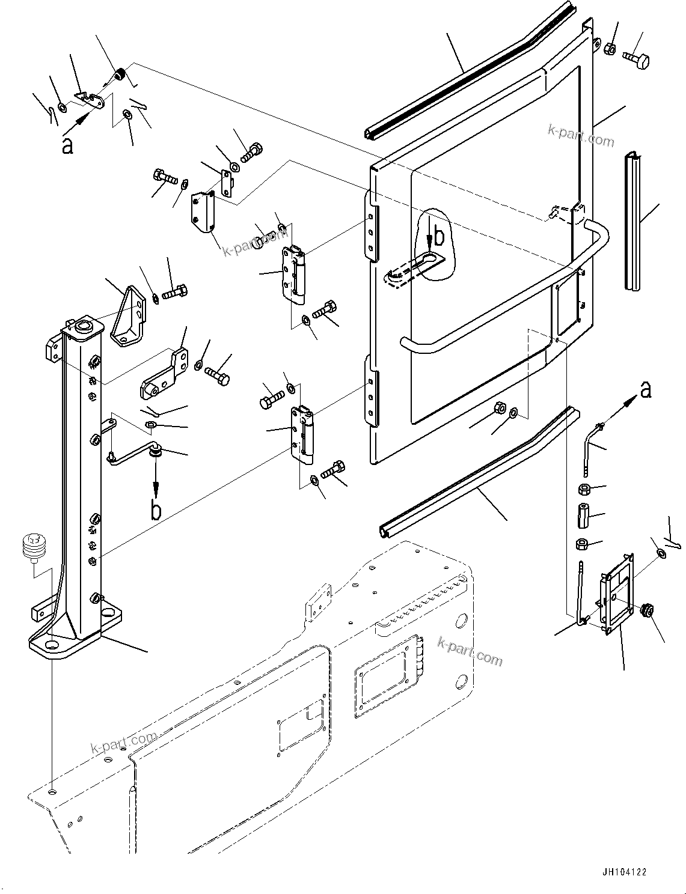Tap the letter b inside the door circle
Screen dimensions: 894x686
tap(439, 237)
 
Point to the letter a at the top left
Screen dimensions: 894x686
tap(67, 145)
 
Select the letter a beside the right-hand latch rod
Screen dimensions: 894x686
tap(646, 390)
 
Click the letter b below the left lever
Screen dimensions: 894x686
tap(156, 509)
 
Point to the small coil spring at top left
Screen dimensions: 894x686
tap(120, 75)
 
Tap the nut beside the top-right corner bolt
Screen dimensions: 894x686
tap(608, 48)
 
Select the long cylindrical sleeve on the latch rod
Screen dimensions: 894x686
tap(583, 516)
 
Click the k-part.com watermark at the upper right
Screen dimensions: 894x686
tap(581, 136)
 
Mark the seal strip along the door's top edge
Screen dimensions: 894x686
tap(469, 72)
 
